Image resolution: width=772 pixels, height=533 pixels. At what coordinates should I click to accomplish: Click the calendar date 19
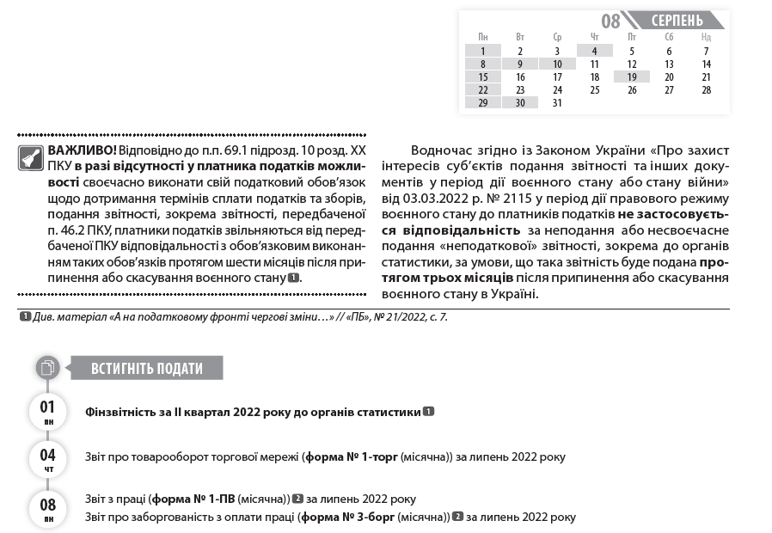632,77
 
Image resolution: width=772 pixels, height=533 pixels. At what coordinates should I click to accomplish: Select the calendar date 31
557,102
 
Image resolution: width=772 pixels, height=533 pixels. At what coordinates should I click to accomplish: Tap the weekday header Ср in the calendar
557,37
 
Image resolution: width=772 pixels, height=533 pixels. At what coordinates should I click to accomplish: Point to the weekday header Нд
706,37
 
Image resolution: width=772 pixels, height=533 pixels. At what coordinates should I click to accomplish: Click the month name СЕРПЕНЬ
677,20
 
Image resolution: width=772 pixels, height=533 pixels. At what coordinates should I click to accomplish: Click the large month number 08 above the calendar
610,21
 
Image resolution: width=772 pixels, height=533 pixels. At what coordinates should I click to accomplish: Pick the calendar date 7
706,51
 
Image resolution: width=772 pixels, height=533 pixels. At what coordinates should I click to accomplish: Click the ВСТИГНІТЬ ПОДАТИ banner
147,369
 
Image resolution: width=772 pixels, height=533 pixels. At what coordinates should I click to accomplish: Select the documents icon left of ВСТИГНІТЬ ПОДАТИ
48,368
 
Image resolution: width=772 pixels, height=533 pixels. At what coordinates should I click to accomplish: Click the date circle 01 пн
48,411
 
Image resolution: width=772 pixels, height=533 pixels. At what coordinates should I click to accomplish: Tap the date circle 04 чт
48,458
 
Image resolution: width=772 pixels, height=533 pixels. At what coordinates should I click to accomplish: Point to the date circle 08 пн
48,508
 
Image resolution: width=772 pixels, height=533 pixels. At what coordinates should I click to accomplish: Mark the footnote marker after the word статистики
428,412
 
